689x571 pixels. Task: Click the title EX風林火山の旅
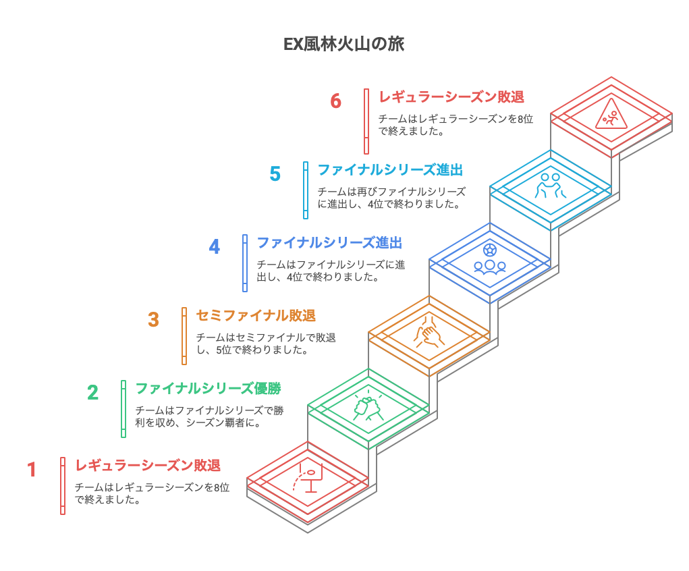[343, 45]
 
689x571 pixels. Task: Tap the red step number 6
[335, 101]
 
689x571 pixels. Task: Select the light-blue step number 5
[275, 173]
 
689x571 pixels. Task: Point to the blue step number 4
[215, 246]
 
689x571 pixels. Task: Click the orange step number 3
[153, 319]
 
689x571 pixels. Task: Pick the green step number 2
[92, 393]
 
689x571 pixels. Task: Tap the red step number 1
[32, 470]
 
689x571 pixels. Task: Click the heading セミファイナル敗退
[256, 316]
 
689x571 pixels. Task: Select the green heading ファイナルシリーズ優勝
[209, 389]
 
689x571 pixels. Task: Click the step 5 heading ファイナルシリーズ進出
[390, 169]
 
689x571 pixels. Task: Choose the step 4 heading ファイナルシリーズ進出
[329, 243]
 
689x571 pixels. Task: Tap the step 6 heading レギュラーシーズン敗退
[451, 97]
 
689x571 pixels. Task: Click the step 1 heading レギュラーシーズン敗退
[148, 466]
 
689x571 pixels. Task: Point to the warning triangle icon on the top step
[611, 114]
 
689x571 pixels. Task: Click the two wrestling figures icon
[550, 186]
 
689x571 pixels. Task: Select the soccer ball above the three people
[489, 250]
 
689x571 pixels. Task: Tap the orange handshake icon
[429, 332]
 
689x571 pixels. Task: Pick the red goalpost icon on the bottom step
[308, 478]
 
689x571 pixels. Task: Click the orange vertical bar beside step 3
[184, 336]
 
